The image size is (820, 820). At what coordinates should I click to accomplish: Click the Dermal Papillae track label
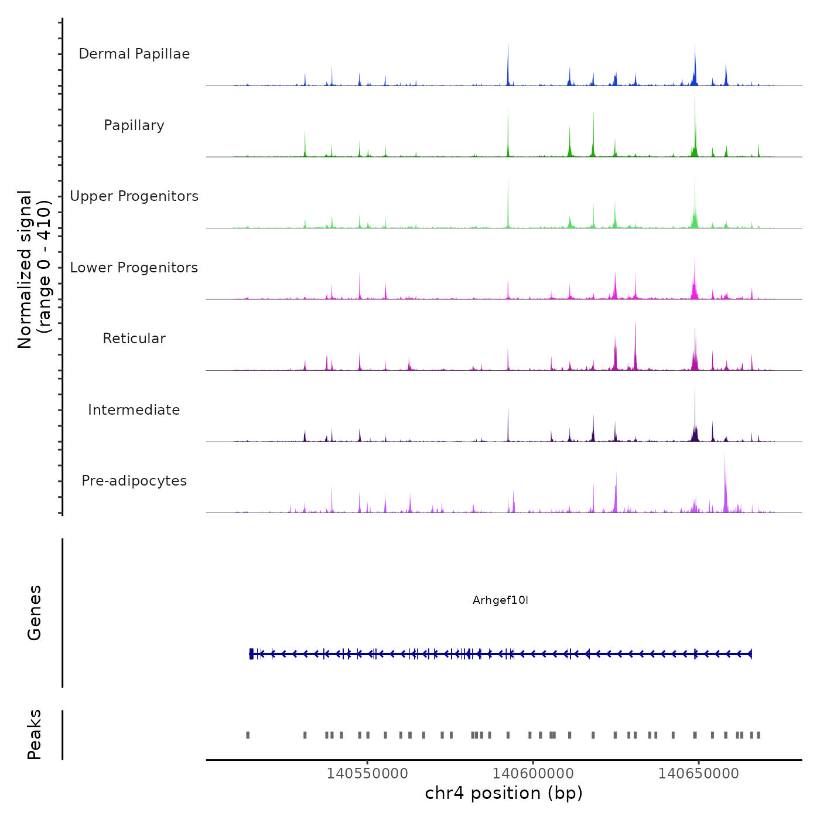pyautogui.click(x=134, y=54)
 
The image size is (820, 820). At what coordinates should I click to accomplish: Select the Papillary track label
pyautogui.click(x=134, y=125)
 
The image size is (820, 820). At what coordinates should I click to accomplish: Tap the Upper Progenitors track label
pyautogui.click(x=134, y=196)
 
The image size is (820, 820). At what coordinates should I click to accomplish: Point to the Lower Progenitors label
pyautogui.click(x=134, y=268)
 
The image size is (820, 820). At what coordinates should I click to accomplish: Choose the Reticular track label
pyautogui.click(x=134, y=339)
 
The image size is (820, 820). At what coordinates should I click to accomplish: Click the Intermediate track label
pyautogui.click(x=134, y=410)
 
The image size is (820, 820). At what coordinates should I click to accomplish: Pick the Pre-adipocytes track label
pyautogui.click(x=134, y=481)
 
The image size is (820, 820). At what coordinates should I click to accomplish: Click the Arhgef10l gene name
pyautogui.click(x=500, y=600)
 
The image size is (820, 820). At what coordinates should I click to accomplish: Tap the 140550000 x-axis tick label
pyautogui.click(x=367, y=773)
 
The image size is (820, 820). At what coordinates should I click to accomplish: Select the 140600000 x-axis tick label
pyautogui.click(x=533, y=773)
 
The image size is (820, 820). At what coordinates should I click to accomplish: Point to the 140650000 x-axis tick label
pyautogui.click(x=699, y=773)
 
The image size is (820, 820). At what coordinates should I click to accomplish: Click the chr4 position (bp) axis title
pyautogui.click(x=504, y=793)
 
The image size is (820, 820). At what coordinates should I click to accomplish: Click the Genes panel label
pyautogui.click(x=35, y=613)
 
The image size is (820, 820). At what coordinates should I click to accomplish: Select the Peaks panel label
pyautogui.click(x=35, y=734)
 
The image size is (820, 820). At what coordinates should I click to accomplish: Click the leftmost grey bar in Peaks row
pyautogui.click(x=248, y=735)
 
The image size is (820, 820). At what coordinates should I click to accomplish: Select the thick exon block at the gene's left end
pyautogui.click(x=251, y=654)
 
